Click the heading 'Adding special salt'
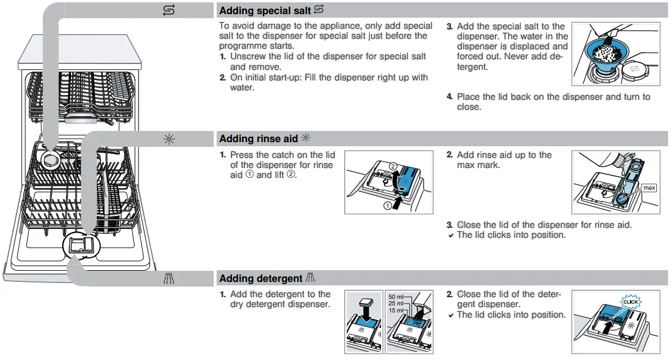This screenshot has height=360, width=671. (265, 11)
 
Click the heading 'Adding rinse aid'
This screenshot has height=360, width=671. (258, 139)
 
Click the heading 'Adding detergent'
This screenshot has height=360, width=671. (261, 278)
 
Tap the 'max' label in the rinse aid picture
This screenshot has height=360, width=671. (649, 188)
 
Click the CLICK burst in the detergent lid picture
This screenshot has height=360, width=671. (630, 302)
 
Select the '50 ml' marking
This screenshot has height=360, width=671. (397, 297)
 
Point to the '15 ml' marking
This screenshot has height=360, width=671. (397, 310)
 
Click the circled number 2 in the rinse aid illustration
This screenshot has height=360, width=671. (393, 166)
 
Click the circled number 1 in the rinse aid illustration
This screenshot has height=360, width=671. (387, 206)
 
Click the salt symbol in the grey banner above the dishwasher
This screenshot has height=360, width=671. (169, 10)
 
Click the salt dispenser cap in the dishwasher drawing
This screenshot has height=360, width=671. (49, 158)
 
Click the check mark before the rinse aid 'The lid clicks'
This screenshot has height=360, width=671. (450, 235)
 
